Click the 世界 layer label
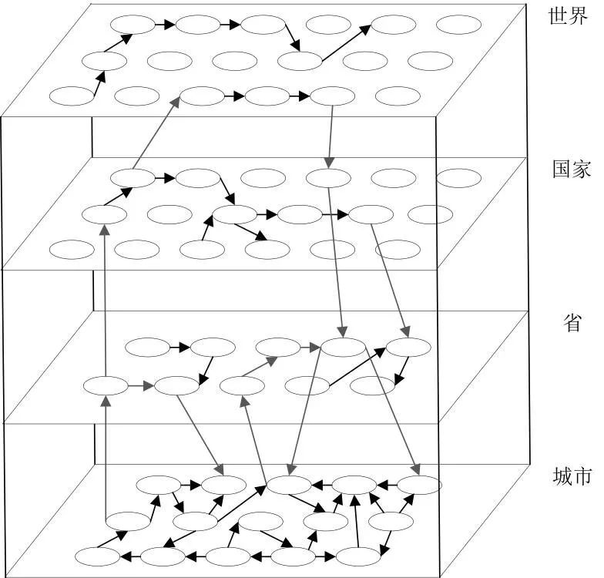tap(569, 17)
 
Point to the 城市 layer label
tap(572, 476)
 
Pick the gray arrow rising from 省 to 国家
tap(104, 301)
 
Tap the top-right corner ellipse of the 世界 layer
tap(458, 24)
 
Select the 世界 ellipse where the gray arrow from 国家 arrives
tap(202, 97)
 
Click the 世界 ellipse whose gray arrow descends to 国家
tap(333, 97)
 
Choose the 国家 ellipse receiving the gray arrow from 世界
tap(328, 178)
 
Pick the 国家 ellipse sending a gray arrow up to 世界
tap(133, 178)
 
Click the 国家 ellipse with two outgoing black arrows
tap(234, 215)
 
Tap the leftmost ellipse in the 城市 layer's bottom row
tap(98, 556)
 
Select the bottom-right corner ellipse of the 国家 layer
tap(397, 250)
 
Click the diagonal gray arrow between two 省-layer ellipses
tap(260, 368)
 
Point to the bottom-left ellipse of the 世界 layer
tap(71, 96)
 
